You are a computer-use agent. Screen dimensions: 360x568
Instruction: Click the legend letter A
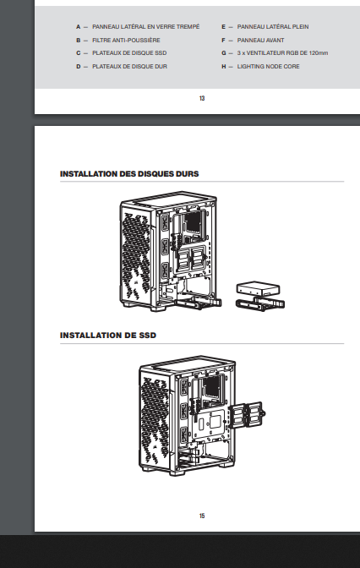pos(79,27)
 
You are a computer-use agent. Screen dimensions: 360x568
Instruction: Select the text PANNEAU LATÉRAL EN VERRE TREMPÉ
pos(145,27)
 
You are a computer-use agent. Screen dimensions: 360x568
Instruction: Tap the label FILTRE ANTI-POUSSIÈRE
pos(126,41)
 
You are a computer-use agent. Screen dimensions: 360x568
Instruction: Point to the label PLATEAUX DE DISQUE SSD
pos(129,53)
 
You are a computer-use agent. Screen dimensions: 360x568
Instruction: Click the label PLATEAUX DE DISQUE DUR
pos(129,66)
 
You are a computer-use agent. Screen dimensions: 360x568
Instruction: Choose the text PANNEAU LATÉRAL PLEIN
pos(273,27)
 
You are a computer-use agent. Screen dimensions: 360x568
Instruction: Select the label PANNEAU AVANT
pos(260,41)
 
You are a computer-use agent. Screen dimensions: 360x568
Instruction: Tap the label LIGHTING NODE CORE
pos(268,66)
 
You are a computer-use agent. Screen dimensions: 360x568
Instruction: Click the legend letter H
pos(224,66)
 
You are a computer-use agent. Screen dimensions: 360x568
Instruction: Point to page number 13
pos(202,98)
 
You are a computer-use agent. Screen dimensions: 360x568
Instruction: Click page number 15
pos(202,516)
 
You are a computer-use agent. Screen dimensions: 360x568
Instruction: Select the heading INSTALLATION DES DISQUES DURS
pos(129,174)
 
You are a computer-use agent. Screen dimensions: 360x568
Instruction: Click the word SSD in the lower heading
pos(147,335)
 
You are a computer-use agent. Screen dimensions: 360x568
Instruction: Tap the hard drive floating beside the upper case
pos(258,288)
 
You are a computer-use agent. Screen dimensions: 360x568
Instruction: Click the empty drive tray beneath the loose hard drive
pos(260,304)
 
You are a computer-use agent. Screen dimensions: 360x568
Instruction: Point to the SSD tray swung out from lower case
pos(247,413)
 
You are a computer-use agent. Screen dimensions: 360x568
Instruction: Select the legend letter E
pos(224,27)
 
